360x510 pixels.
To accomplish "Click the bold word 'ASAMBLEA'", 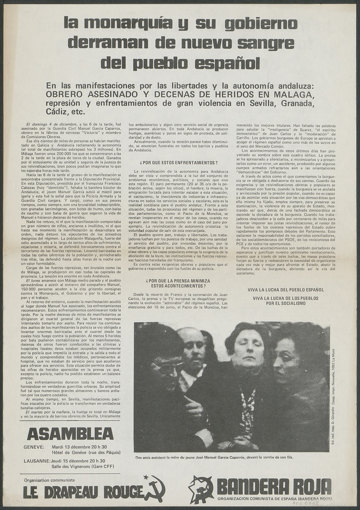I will click(x=70, y=433).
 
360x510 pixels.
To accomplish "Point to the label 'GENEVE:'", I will click(x=34, y=447).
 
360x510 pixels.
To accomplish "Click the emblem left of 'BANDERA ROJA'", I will click(x=201, y=489).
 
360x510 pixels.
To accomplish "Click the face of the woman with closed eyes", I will click(x=248, y=351).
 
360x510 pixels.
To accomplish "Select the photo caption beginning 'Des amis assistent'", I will click(x=214, y=458).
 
